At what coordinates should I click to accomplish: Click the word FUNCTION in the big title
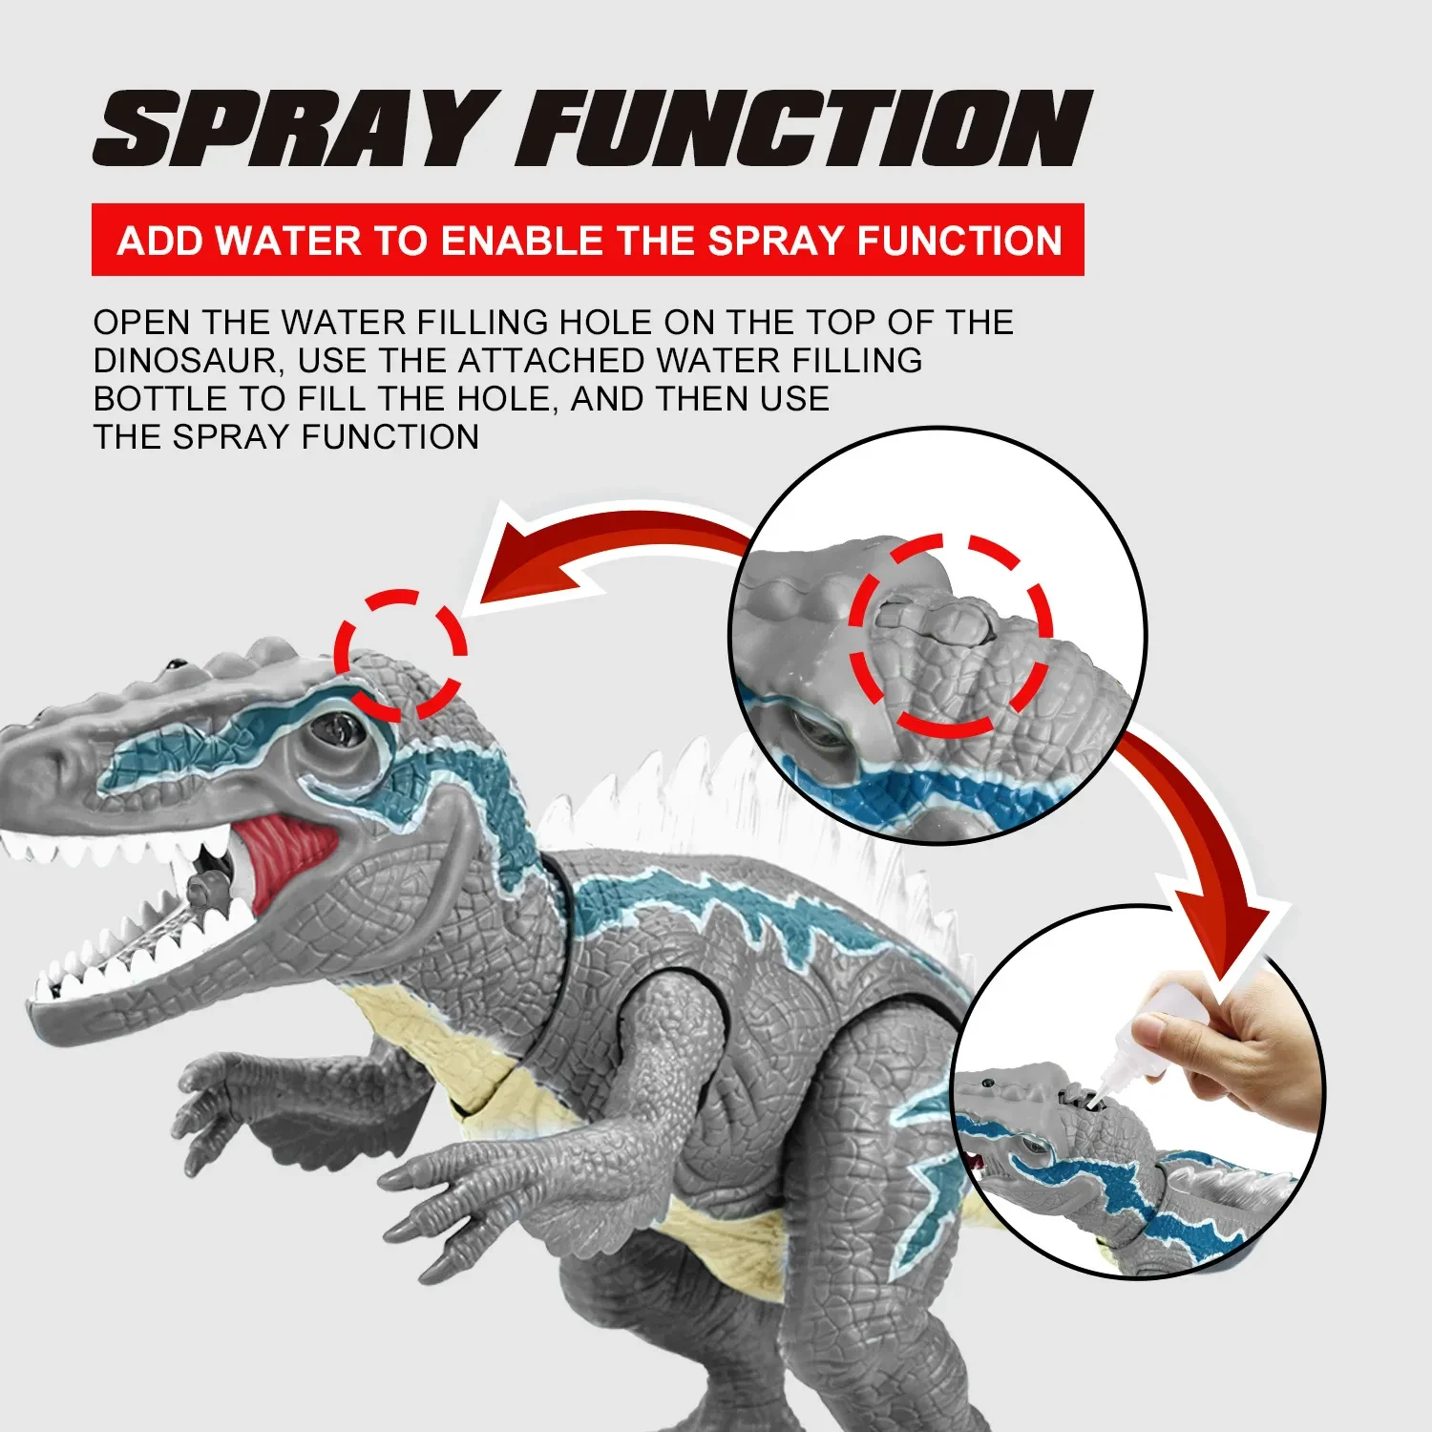tap(804, 129)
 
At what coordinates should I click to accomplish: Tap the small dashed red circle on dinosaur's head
tap(399, 655)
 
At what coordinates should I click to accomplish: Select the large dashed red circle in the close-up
tap(950, 635)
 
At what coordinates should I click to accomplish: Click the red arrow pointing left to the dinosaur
tap(592, 554)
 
